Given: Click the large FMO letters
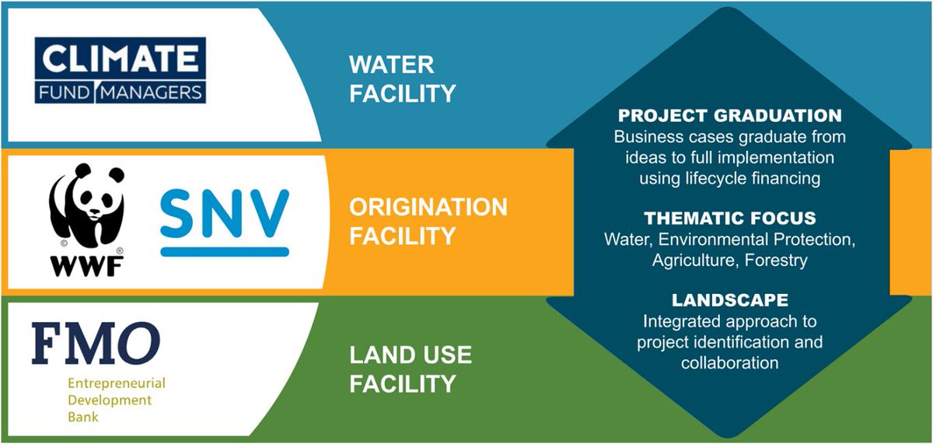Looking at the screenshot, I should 96,344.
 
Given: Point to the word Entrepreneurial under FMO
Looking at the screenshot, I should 116,384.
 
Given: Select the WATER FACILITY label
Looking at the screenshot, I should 402,79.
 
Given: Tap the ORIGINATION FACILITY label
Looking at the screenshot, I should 428,221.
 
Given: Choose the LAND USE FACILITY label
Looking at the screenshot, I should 410,369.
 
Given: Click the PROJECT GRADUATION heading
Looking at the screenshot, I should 729,116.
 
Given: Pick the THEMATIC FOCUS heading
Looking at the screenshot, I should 729,218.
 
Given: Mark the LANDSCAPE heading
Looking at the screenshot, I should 729,300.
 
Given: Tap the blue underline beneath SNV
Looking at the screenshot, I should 224,251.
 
